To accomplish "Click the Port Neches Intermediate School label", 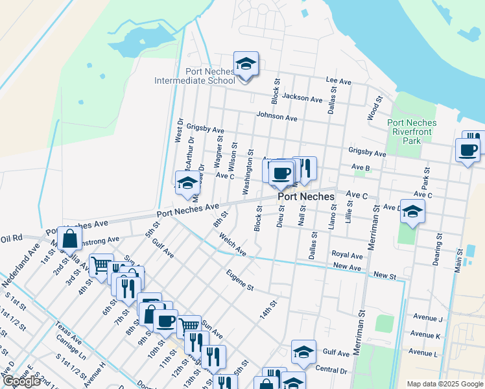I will (194, 76).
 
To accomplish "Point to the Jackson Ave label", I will (302, 99).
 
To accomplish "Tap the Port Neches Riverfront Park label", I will (412, 132).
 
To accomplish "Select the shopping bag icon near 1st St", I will (69, 239).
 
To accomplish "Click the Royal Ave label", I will (346, 255).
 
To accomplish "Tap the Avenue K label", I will (427, 336).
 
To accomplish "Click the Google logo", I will (22, 381).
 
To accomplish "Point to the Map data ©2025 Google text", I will (444, 384).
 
